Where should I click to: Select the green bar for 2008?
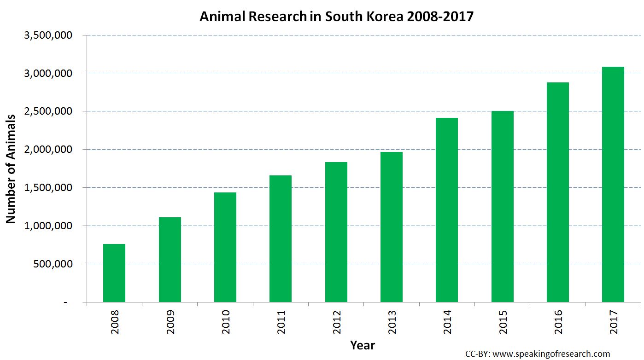click(x=114, y=273)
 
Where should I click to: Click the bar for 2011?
click(x=281, y=239)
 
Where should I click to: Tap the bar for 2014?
click(x=447, y=210)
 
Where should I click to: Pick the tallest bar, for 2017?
click(x=613, y=185)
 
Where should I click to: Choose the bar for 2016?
click(x=558, y=192)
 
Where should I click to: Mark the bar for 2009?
click(x=170, y=260)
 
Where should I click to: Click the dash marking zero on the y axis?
click(x=65, y=302)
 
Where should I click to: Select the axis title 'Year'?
click(x=363, y=345)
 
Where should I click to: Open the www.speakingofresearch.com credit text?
click(x=550, y=354)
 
